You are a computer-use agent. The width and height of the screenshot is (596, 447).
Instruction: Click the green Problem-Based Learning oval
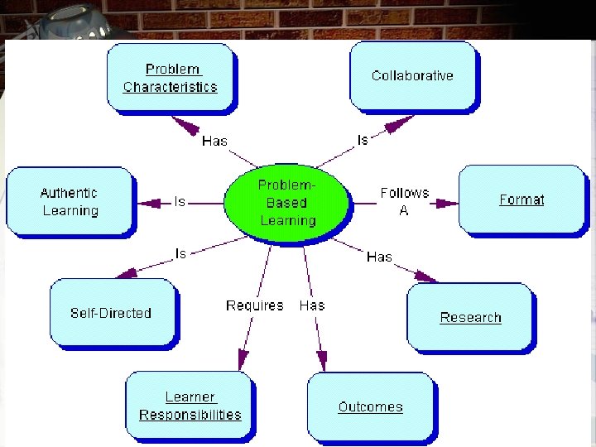coord(287,203)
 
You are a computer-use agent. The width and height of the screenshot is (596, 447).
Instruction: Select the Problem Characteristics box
coord(170,78)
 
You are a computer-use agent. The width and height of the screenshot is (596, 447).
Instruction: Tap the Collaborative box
coord(412,75)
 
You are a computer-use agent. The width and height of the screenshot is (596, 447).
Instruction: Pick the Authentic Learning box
coord(70,202)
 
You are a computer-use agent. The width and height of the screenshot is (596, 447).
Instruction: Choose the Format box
coord(521,199)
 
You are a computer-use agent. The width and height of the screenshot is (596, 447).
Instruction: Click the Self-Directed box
coord(111,313)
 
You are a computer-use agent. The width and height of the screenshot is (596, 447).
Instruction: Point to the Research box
coord(470,317)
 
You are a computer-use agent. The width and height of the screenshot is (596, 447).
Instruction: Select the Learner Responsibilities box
coord(190,406)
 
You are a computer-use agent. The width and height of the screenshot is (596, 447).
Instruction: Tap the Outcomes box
coord(370,406)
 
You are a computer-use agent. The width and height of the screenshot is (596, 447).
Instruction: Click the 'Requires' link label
coord(254,305)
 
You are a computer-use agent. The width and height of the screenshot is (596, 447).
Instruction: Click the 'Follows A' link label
coord(404,201)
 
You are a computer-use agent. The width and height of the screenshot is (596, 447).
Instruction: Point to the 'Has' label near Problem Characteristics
coord(214,141)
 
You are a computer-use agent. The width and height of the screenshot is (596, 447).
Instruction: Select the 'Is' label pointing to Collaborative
coord(362,140)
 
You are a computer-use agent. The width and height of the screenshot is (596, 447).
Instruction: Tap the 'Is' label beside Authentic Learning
coord(180,201)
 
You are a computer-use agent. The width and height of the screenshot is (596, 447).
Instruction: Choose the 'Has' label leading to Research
coord(379,257)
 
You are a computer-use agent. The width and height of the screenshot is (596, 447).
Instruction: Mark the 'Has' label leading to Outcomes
coord(312,305)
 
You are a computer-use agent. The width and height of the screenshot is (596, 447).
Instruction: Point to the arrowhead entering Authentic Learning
coord(147,202)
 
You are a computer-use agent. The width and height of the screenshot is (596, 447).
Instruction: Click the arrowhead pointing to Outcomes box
coord(322,362)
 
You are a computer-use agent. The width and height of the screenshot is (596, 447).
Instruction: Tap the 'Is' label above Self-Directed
coord(180,253)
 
